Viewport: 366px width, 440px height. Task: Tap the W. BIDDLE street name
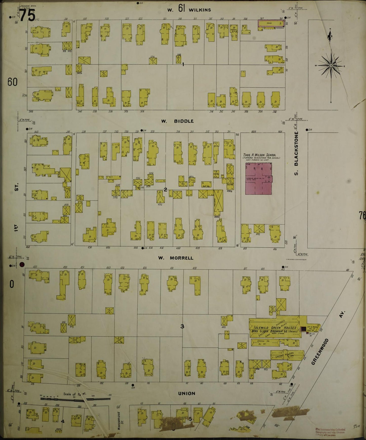tap(178, 121)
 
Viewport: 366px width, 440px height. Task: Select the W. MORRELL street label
tap(176, 258)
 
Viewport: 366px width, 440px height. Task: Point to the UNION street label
tap(186, 393)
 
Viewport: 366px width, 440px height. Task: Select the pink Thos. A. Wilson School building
tap(259, 179)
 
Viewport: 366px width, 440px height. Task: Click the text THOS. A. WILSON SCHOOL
tap(260, 155)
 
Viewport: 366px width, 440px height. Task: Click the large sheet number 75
tap(27, 16)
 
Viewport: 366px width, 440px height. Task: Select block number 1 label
tap(183, 65)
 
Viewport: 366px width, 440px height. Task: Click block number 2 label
tap(165, 189)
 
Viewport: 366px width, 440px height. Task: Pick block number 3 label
tap(182, 327)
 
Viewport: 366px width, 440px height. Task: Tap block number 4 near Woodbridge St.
tap(63, 421)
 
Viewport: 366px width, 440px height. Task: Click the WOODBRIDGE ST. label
tap(119, 422)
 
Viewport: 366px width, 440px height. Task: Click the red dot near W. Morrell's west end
tap(22, 264)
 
